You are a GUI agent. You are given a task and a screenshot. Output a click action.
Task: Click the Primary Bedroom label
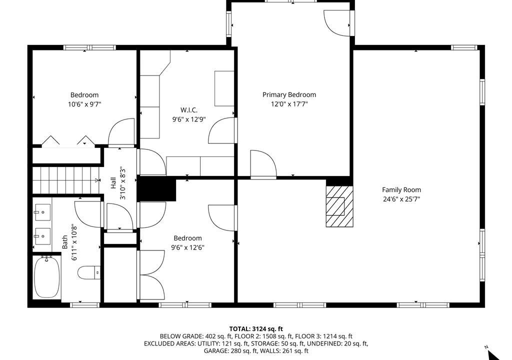[x=289, y=94]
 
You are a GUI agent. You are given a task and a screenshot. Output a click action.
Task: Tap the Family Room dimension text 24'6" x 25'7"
[x=401, y=199]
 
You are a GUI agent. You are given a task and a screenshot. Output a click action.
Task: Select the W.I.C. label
[x=188, y=110]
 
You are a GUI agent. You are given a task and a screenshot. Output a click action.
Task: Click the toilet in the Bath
[x=89, y=272]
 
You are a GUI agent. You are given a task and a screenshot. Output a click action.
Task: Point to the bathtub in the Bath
[x=47, y=277]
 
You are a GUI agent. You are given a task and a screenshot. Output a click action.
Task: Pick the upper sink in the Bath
[x=42, y=212]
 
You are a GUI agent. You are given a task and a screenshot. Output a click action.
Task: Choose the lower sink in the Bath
[x=42, y=236]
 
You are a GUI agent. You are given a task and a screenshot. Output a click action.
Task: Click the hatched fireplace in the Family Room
[x=339, y=206]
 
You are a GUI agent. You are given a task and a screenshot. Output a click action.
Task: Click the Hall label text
[x=113, y=183]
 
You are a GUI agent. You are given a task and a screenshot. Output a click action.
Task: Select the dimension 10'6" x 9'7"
[x=84, y=104]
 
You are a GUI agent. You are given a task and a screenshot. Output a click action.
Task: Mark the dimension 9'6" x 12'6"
[x=188, y=247]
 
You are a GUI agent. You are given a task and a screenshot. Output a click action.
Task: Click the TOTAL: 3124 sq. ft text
[x=256, y=329]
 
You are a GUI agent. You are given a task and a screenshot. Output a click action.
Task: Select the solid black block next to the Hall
[x=156, y=188]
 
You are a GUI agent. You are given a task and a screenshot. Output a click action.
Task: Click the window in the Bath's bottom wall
[x=85, y=305]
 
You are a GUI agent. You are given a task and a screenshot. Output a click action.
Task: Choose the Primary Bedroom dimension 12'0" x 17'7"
[x=289, y=104]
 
